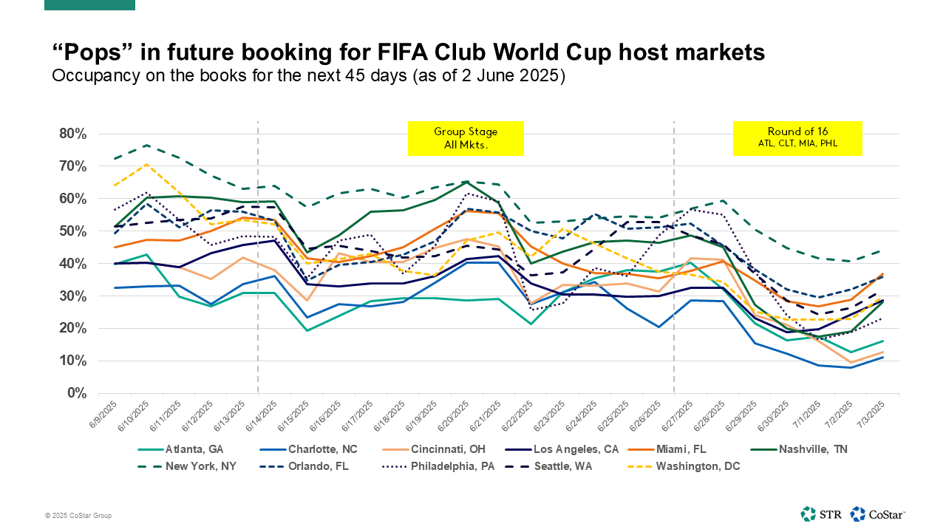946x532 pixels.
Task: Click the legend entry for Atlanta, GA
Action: coord(181,449)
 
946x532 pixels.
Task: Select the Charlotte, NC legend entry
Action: coord(309,449)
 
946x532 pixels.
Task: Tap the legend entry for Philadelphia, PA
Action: coord(438,466)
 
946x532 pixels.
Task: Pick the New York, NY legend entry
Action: coord(187,466)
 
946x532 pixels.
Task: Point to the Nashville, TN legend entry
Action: coord(799,449)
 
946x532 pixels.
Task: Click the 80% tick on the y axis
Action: coord(72,134)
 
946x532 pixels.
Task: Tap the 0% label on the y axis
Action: coord(77,393)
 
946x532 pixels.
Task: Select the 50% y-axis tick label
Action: coord(72,231)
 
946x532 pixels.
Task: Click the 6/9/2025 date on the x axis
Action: coord(102,415)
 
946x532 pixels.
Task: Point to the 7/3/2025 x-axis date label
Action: coord(871,415)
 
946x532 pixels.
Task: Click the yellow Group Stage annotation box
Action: coord(466,138)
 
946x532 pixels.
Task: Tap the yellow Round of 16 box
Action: coord(797,138)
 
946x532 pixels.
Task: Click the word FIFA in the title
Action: coord(401,52)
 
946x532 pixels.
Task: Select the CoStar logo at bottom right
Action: coord(877,514)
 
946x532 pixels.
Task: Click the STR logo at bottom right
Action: coord(820,514)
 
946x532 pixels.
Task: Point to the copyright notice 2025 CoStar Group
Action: coord(78,516)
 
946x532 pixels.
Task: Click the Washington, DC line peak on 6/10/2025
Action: coord(147,164)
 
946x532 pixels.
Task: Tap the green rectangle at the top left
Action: coord(89,4)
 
